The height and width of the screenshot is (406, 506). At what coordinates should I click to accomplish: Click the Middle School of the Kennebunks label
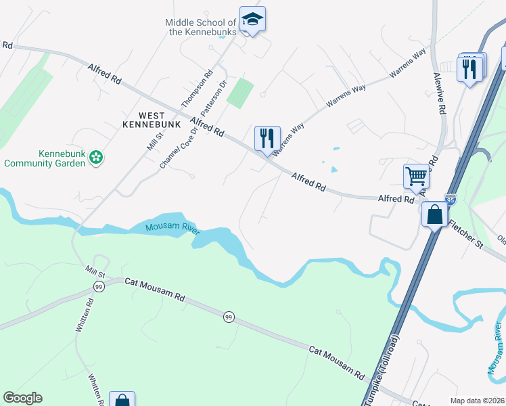[x=200, y=27]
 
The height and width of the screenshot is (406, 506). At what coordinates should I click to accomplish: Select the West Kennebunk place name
[x=152, y=120]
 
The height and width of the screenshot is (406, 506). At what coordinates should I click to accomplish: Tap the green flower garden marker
[x=96, y=158]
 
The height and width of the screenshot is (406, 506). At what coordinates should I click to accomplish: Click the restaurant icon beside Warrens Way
[x=267, y=138]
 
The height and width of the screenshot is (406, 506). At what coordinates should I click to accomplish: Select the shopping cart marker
[x=417, y=177]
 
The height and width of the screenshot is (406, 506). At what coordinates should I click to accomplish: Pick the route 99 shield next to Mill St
[x=98, y=288]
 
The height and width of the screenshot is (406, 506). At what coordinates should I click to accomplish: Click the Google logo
[x=22, y=398]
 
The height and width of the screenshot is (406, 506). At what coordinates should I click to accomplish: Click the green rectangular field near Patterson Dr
[x=239, y=93]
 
